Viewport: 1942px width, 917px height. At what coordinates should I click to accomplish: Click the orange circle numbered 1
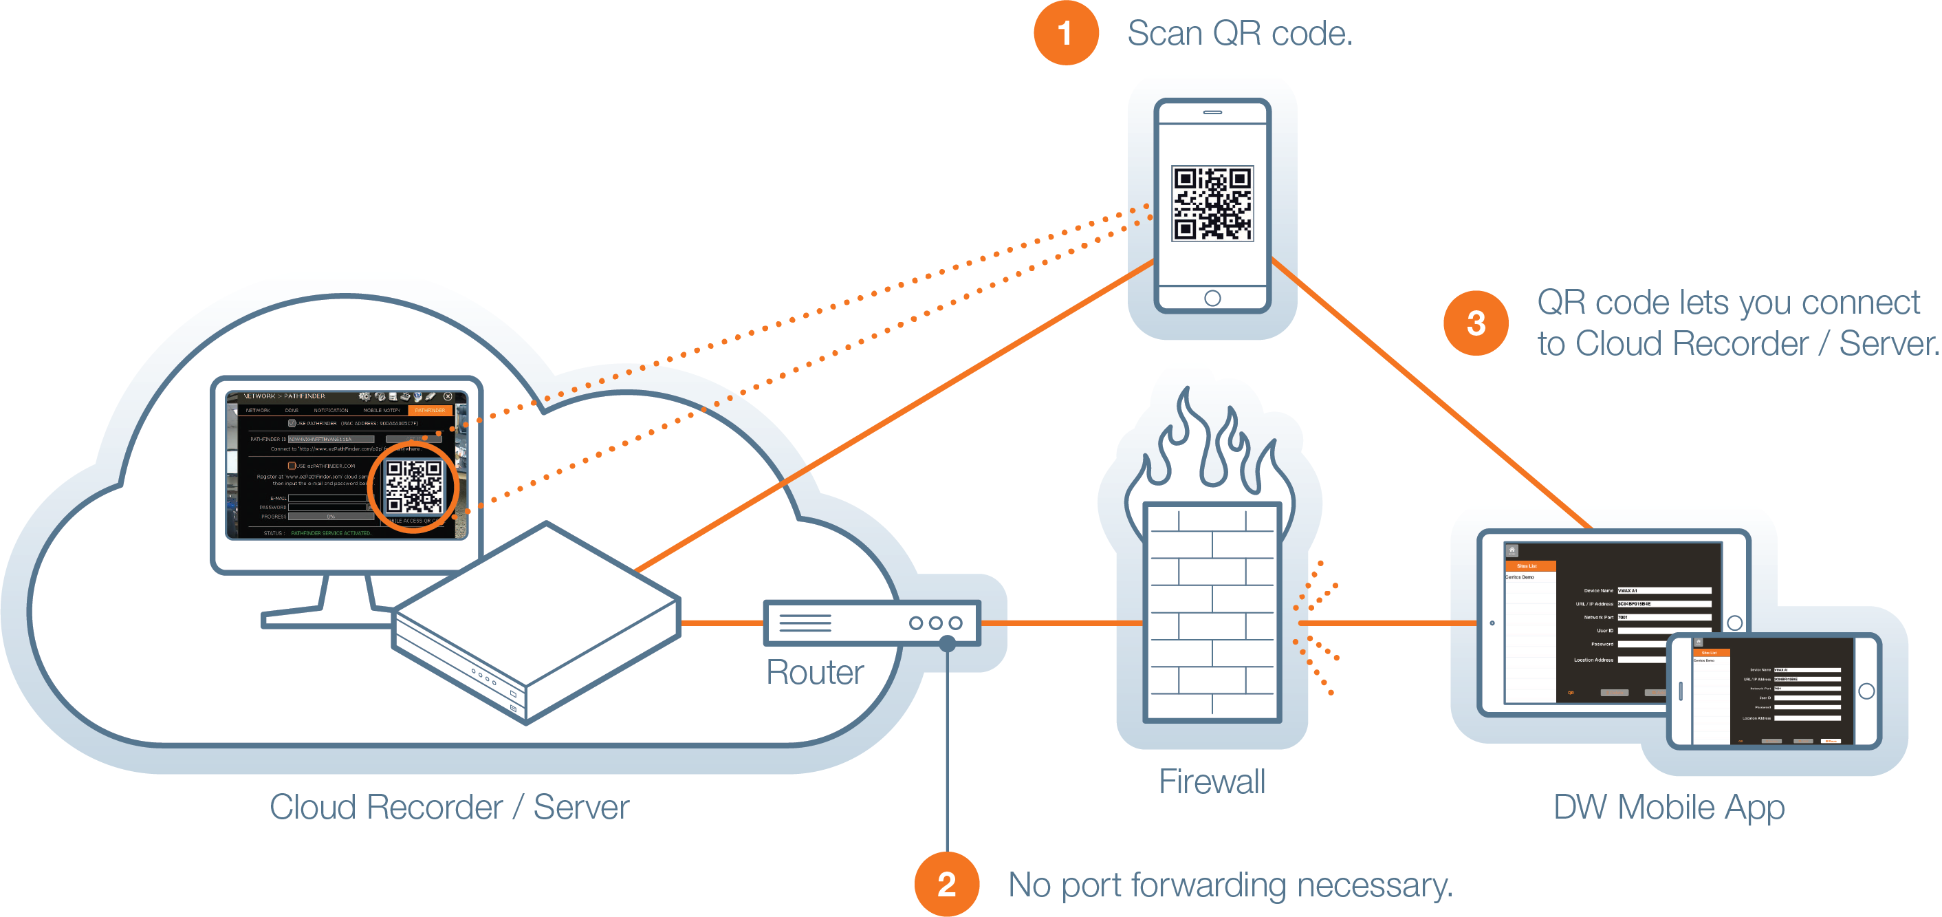pyautogui.click(x=1065, y=33)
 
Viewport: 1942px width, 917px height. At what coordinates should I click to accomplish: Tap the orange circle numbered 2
pyautogui.click(x=946, y=884)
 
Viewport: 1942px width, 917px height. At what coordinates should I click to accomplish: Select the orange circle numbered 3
pyautogui.click(x=1475, y=323)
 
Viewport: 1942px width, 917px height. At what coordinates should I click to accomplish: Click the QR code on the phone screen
pyautogui.click(x=1212, y=204)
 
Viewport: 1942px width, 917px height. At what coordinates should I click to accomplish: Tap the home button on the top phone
pyautogui.click(x=1212, y=298)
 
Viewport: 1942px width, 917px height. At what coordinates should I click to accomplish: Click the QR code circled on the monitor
pyautogui.click(x=413, y=486)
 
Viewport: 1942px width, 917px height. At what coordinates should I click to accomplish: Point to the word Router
pyautogui.click(x=814, y=672)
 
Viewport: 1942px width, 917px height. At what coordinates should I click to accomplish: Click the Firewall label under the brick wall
pyautogui.click(x=1212, y=781)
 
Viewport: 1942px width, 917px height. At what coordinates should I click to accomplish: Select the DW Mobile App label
pyautogui.click(x=1668, y=807)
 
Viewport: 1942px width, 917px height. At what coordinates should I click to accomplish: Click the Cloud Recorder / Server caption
pyautogui.click(x=449, y=807)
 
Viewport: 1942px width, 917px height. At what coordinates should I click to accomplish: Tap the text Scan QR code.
pyautogui.click(x=1239, y=34)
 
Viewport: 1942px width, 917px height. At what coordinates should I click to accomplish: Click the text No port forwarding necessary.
pyautogui.click(x=1230, y=885)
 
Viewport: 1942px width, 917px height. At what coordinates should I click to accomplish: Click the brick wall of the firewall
pyautogui.click(x=1212, y=612)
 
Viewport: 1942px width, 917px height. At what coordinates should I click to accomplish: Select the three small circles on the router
pyautogui.click(x=935, y=623)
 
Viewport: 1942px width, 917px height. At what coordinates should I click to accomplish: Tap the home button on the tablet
pyautogui.click(x=1734, y=623)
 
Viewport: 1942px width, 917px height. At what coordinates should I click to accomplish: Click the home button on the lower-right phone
pyautogui.click(x=1866, y=691)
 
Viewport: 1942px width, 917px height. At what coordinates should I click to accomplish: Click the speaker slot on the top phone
pyautogui.click(x=1212, y=112)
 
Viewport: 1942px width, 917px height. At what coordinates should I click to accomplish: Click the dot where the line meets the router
pyautogui.click(x=947, y=643)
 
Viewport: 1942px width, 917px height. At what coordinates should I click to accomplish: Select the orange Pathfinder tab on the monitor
pyautogui.click(x=430, y=410)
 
